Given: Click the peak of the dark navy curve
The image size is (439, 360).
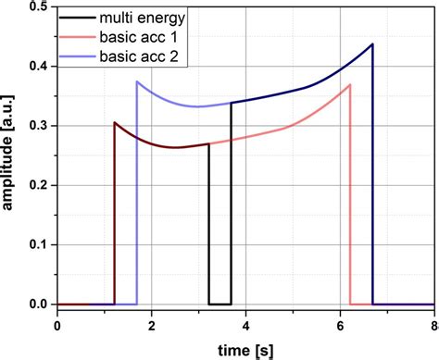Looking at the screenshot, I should [372, 43].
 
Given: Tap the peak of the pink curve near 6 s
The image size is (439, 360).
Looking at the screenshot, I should [349, 84].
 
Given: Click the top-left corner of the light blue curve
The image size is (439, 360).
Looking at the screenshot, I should [137, 81].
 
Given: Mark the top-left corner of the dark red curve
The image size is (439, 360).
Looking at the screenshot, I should [115, 122].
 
